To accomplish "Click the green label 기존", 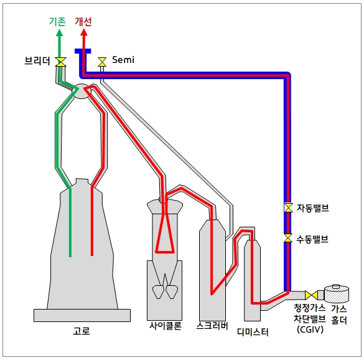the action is click(x=57, y=22).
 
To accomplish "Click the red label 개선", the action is click(x=83, y=22).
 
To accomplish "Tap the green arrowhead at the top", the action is click(x=60, y=32).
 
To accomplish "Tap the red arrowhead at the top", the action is click(x=84, y=32).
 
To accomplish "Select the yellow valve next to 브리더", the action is click(x=61, y=62).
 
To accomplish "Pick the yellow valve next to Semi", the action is click(x=102, y=62).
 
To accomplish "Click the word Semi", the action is click(x=123, y=60).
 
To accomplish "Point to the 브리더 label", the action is click(x=37, y=61).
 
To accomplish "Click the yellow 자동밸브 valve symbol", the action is click(x=288, y=207).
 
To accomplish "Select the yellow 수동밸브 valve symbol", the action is click(x=288, y=238).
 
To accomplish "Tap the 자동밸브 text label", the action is click(x=313, y=208).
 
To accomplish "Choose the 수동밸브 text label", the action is click(x=312, y=239).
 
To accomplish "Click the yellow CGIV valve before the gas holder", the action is click(x=311, y=295).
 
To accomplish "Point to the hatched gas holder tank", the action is click(x=337, y=293).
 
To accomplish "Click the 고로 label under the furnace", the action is click(x=82, y=331).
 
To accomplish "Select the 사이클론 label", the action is click(x=166, y=326).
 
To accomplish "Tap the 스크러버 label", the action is click(x=212, y=326).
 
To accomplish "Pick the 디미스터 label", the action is click(x=253, y=333).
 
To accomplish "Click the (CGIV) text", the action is click(x=310, y=329).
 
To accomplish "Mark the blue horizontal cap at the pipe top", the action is click(x=83, y=51).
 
